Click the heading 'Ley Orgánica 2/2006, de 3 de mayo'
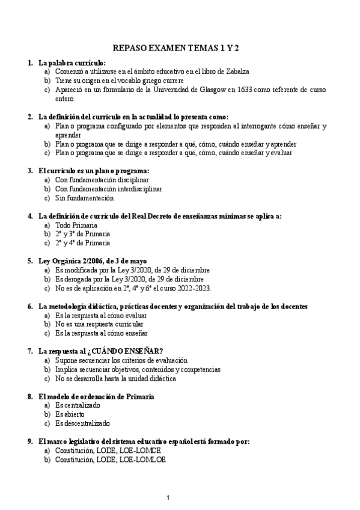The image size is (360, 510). point(92,261)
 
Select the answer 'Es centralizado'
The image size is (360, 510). point(78,405)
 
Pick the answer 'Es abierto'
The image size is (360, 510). point(70,414)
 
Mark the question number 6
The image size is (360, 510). point(30,306)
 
